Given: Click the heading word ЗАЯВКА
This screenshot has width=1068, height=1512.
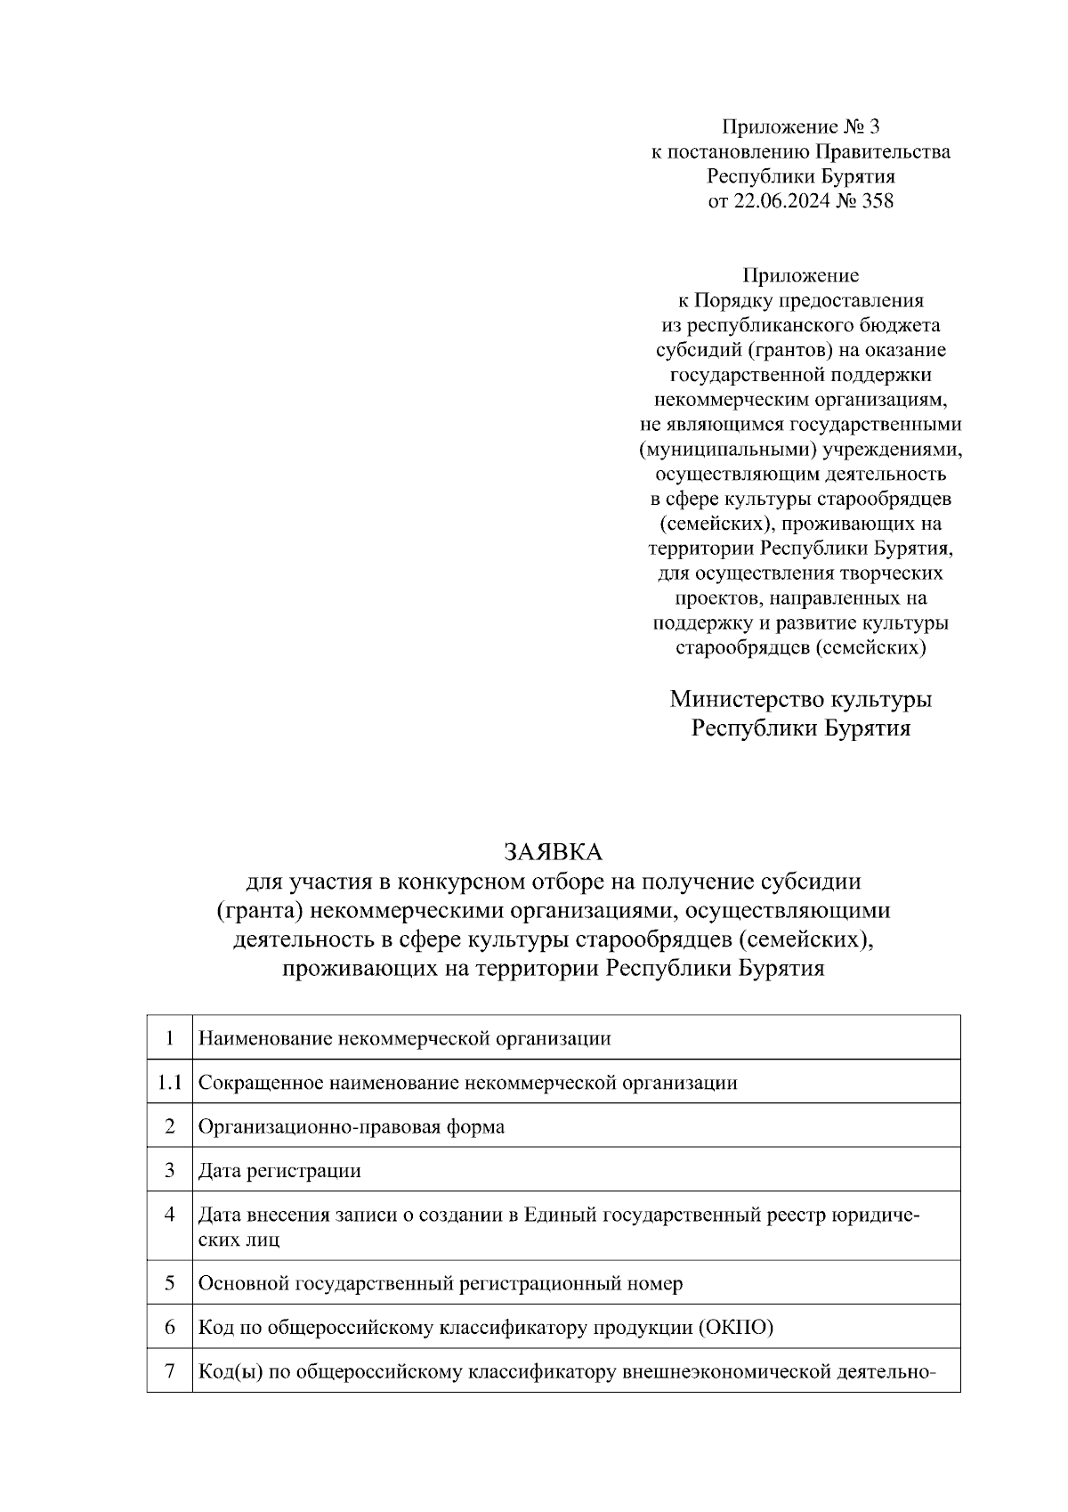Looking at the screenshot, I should pyautogui.click(x=553, y=852).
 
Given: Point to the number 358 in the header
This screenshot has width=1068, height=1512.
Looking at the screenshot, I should pyautogui.click(x=877, y=201).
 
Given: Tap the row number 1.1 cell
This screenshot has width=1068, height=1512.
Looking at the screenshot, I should pyautogui.click(x=169, y=1083).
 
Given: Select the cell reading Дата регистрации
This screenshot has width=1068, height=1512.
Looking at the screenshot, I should pyautogui.click(x=279, y=1170).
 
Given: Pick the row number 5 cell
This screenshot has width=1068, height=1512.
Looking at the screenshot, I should pyautogui.click(x=169, y=1283).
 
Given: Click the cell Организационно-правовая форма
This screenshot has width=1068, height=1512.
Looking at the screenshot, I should pyautogui.click(x=351, y=1126).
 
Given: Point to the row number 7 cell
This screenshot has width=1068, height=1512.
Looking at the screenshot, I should pyautogui.click(x=169, y=1371).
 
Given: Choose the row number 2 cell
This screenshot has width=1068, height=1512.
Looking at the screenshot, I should pyautogui.click(x=169, y=1126).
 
